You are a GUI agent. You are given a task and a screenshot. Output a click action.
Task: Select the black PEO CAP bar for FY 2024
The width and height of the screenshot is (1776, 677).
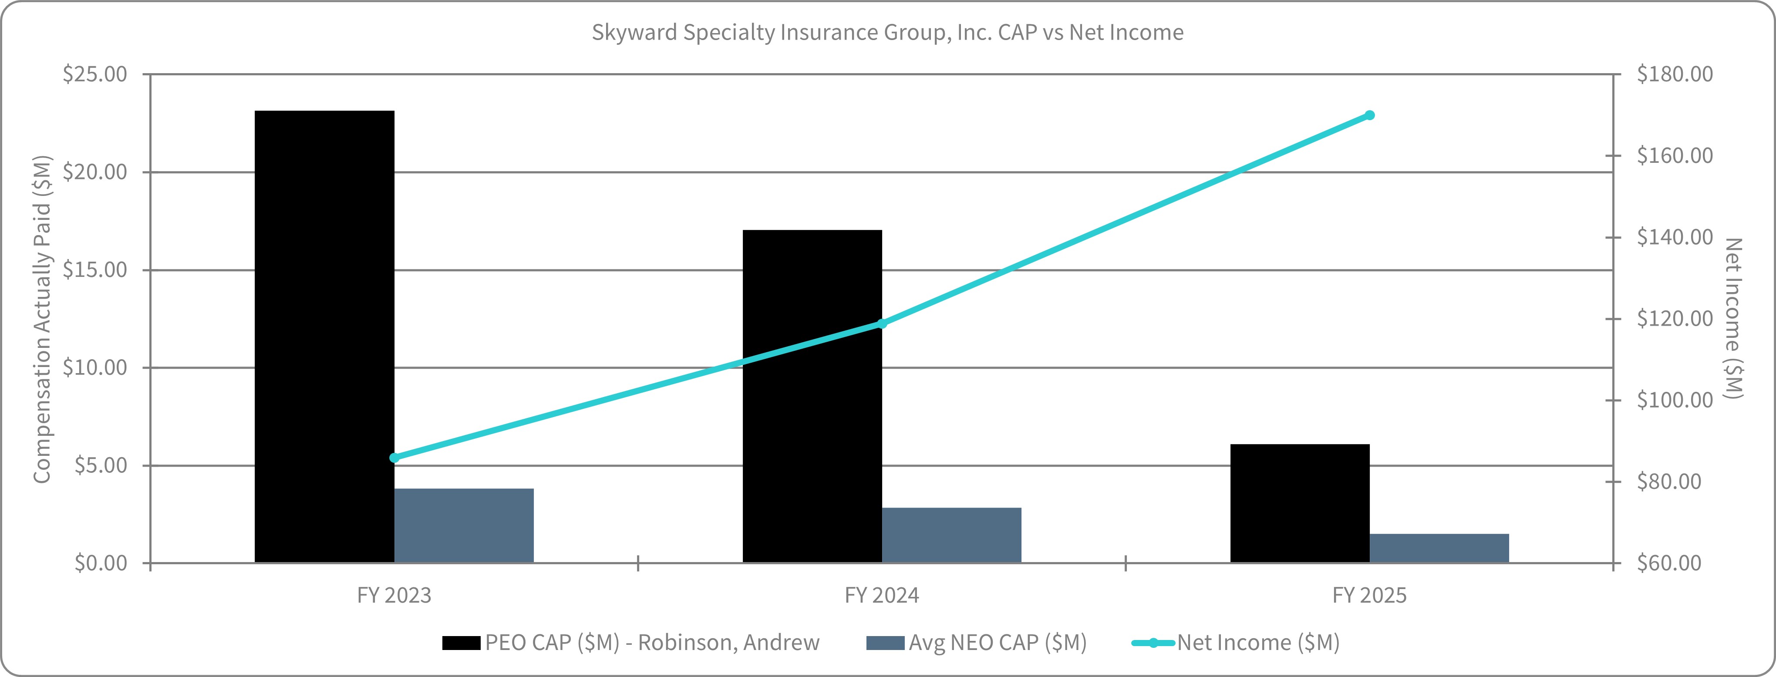tap(812, 397)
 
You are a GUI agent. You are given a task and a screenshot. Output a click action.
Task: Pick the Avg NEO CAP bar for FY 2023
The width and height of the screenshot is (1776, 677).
tap(463, 525)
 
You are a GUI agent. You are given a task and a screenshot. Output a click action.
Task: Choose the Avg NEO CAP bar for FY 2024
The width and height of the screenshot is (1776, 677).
tap(951, 535)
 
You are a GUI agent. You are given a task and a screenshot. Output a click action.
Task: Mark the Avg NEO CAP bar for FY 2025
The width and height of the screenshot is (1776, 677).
tap(1439, 548)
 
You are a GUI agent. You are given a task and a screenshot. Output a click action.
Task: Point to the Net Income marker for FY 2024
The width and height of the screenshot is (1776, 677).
tap(881, 323)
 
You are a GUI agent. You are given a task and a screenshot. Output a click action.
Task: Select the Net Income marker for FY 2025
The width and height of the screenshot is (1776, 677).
tap(1369, 115)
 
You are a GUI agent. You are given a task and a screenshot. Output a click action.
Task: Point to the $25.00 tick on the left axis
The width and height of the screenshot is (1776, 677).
tap(95, 74)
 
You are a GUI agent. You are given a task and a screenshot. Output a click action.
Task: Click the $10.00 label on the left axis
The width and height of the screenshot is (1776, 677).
tap(95, 367)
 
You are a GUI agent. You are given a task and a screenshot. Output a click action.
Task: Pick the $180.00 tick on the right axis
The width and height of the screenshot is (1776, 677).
tap(1674, 74)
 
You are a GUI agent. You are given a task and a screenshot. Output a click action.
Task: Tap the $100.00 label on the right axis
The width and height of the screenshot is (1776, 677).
tap(1674, 400)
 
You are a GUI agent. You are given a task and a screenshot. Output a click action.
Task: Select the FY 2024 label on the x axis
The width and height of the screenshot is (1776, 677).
tap(881, 595)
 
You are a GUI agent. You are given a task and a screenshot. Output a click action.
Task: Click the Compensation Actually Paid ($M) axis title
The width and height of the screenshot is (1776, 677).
tap(42, 319)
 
